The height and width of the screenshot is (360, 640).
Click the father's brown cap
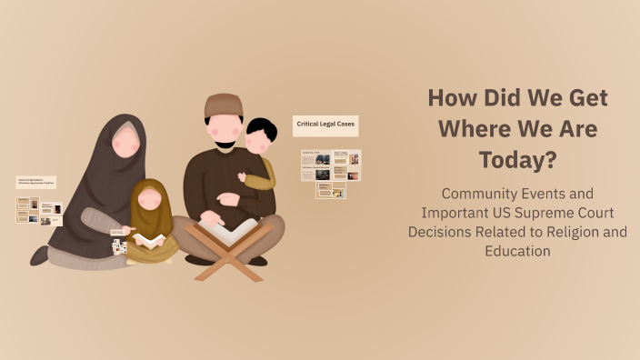[x=224, y=105]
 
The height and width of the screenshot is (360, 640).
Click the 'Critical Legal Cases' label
[x=325, y=125]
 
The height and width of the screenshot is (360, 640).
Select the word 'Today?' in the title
[x=518, y=160]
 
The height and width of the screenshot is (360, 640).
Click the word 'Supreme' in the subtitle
[x=547, y=213]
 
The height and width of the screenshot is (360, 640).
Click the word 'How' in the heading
[x=451, y=97]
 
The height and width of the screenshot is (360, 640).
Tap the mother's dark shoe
[x=40, y=256]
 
